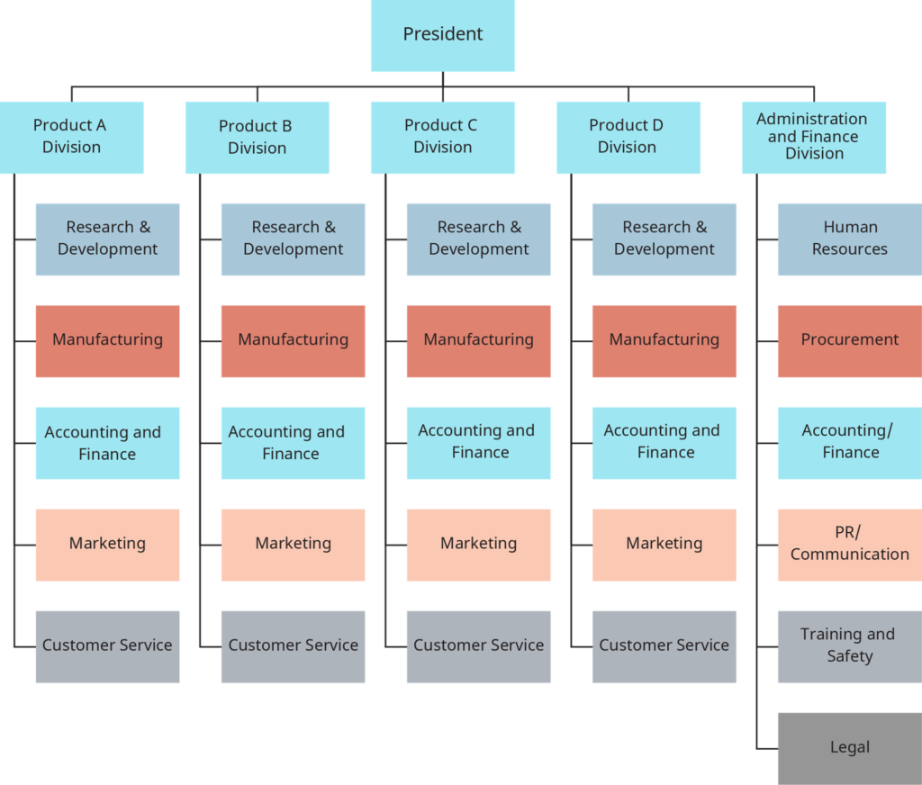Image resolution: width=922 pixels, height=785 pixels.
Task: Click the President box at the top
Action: coord(442,35)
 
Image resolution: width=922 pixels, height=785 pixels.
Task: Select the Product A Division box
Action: coord(72,137)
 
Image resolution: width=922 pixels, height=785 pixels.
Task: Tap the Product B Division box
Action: coord(257,137)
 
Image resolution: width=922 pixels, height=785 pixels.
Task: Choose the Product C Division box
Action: coord(442,137)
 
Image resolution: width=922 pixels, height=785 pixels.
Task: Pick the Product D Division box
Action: coord(628,137)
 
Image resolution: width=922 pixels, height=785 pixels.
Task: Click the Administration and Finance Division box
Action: coord(813,137)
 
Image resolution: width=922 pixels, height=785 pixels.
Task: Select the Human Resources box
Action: coord(849,239)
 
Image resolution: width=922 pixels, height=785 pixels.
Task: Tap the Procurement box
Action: coord(849,340)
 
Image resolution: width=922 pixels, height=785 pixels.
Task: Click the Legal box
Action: coord(849,747)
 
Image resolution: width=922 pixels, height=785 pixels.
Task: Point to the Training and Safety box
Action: coord(849,645)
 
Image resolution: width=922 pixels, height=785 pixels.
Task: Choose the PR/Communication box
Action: coord(849,544)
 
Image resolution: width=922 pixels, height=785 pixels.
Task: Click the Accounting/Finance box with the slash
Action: coord(849,442)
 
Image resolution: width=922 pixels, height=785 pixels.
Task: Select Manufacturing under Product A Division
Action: coord(108,340)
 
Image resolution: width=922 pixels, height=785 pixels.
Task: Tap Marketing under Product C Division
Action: coord(478,544)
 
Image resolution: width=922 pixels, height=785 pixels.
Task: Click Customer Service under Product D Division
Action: coord(664,645)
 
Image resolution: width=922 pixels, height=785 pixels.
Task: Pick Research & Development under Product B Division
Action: coord(293,239)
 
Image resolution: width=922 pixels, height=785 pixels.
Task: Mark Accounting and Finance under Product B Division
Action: coord(293,442)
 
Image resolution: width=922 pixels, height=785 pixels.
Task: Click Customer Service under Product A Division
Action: coord(108,645)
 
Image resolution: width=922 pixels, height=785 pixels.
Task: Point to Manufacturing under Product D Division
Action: coord(664,340)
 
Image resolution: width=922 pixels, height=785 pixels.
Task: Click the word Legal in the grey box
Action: coord(850,747)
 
